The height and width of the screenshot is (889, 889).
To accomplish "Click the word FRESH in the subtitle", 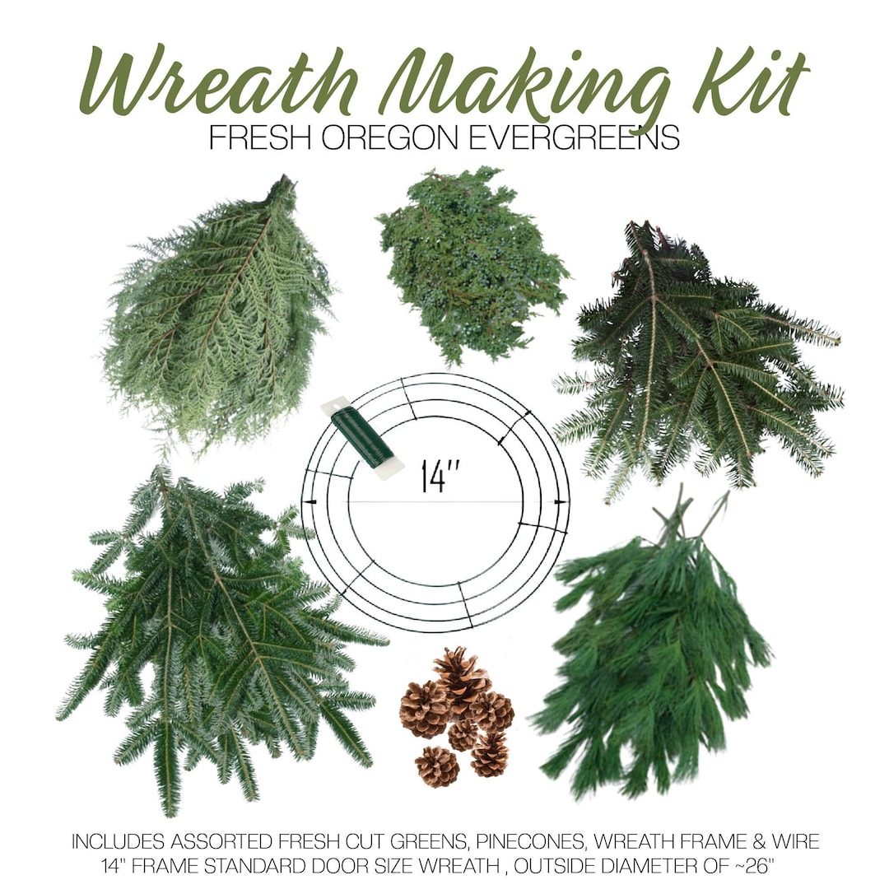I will point(261,137).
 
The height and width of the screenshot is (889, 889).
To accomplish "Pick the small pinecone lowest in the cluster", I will point(436,766).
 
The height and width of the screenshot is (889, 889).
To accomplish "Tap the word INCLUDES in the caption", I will point(114,842).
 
